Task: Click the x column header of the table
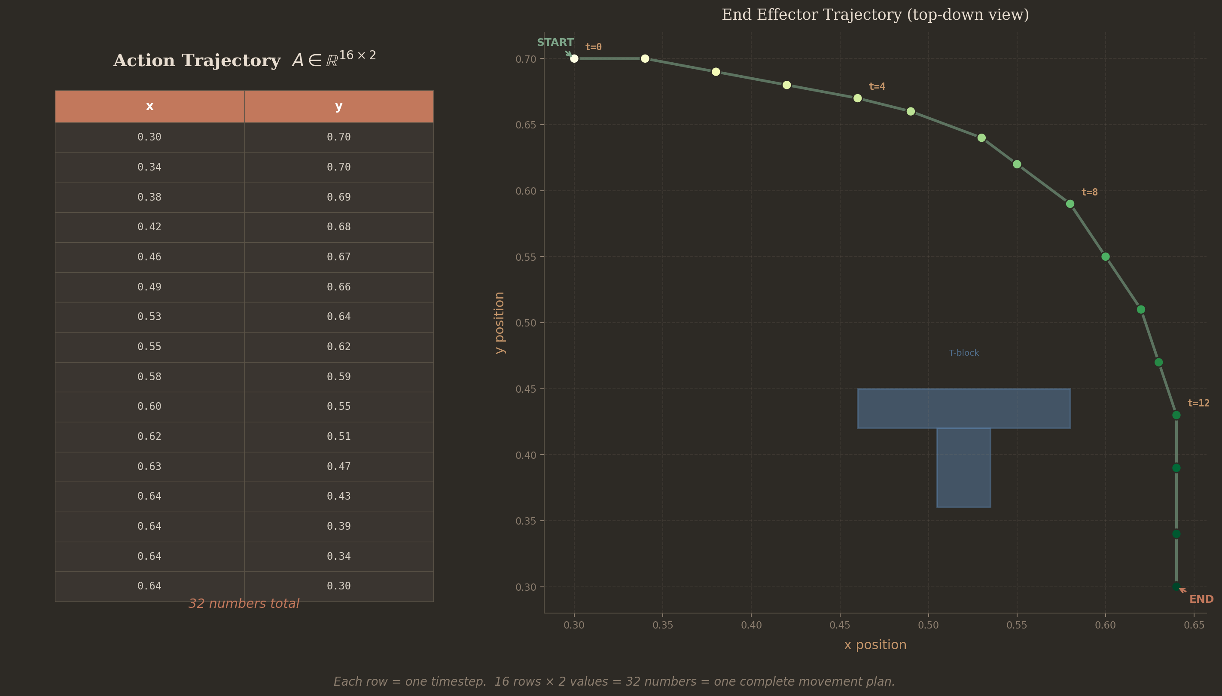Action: coord(149,106)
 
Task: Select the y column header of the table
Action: coord(339,106)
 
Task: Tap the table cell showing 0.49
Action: coord(149,287)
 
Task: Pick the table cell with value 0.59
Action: coord(339,377)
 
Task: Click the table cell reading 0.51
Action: coord(339,437)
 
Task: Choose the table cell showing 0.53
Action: coord(149,317)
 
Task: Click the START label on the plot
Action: coord(555,43)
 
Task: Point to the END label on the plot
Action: coord(1201,599)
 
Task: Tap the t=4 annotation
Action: coord(877,86)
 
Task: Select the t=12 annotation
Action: coord(1198,403)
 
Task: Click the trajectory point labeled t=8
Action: coord(1070,204)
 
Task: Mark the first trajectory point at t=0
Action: coord(574,59)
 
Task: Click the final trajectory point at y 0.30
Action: coord(1176,586)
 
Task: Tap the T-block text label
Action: coord(963,353)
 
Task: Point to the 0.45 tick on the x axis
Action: coord(840,625)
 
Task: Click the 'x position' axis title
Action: coord(875,645)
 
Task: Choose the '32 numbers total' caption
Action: coord(244,604)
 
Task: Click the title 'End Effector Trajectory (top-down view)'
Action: coord(875,15)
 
